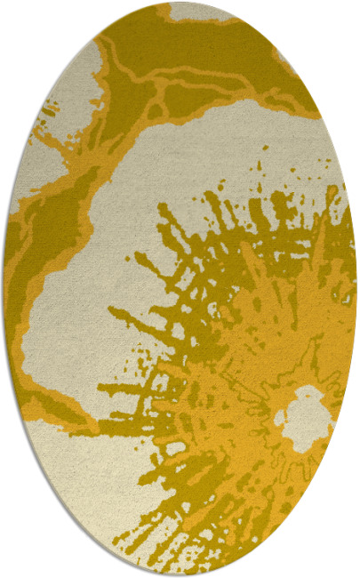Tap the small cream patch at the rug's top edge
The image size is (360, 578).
(201, 11)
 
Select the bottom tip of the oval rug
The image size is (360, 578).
(180, 574)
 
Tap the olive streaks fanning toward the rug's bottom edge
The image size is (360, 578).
(204, 525)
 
